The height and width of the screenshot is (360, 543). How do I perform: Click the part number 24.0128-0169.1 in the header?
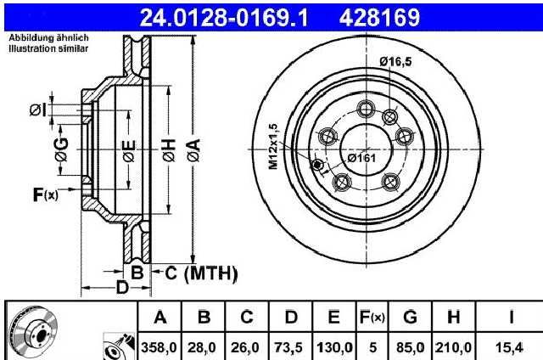pyautogui.click(x=224, y=18)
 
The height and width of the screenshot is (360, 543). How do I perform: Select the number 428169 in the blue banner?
pyautogui.click(x=379, y=18)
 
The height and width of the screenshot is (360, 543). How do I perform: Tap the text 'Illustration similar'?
pyautogui.click(x=48, y=48)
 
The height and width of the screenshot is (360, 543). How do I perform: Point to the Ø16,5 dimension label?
pyautogui.click(x=395, y=62)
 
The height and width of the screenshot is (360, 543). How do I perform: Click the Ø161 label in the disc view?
pyautogui.click(x=361, y=158)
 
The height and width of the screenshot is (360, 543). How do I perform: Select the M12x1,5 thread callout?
pyautogui.click(x=273, y=146)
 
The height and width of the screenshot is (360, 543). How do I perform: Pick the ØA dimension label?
pyautogui.click(x=194, y=150)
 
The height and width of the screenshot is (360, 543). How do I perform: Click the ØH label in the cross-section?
pyautogui.click(x=169, y=150)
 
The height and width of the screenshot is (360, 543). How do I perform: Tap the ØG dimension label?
pyautogui.click(x=62, y=149)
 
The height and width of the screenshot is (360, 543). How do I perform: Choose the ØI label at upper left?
pyautogui.click(x=37, y=110)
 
